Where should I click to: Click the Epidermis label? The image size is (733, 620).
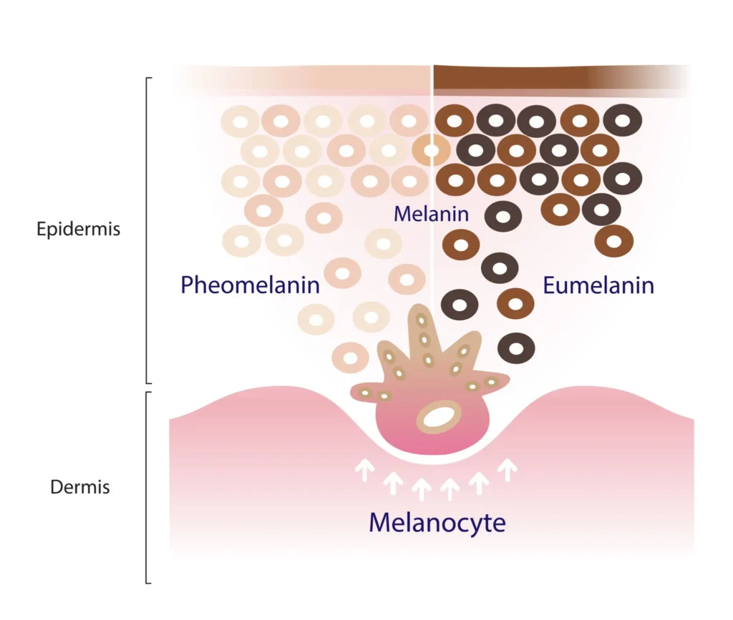(79, 230)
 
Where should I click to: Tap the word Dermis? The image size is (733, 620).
(80, 488)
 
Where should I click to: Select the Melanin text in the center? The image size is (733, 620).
(431, 213)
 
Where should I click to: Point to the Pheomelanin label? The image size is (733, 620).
(250, 285)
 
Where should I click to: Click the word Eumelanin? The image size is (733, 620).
(598, 285)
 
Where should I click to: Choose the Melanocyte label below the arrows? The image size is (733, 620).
(437, 523)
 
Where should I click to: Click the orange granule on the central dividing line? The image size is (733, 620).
(431, 150)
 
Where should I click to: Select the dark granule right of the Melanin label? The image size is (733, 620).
(503, 216)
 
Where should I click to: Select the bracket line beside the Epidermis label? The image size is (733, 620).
(147, 230)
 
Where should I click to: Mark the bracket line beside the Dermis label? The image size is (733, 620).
(147, 488)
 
